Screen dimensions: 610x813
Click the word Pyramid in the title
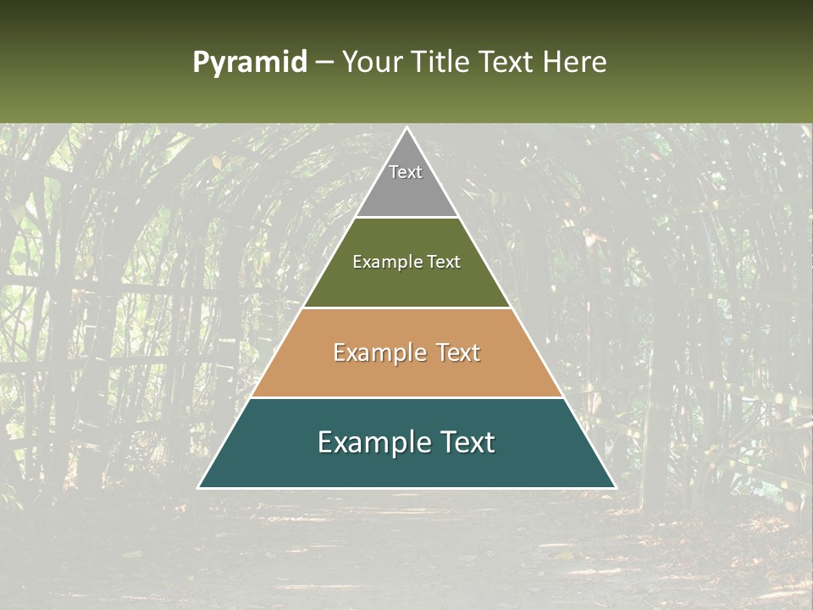pyautogui.click(x=249, y=63)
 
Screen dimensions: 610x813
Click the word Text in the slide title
pyautogui.click(x=509, y=62)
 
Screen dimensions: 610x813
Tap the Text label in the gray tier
pyautogui.click(x=406, y=172)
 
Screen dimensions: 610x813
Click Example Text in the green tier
pyautogui.click(x=406, y=262)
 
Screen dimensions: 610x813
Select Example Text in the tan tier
pyautogui.click(x=406, y=352)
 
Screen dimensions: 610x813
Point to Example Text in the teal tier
pyautogui.click(x=406, y=442)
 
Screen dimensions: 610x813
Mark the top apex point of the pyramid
pyautogui.click(x=406, y=129)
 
